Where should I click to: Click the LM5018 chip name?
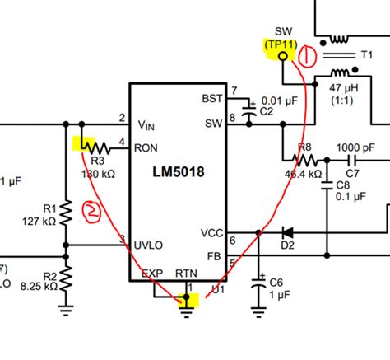[x=178, y=173]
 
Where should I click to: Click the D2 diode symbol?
[x=287, y=233]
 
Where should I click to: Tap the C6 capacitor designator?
[x=277, y=283]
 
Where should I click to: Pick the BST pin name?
[x=211, y=98]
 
